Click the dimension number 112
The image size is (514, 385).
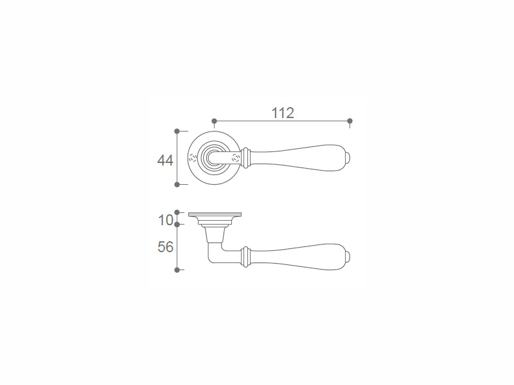click(x=283, y=113)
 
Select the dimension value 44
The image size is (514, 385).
click(x=165, y=160)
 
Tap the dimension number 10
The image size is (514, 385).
click(x=165, y=220)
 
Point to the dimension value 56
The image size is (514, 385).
click(x=165, y=247)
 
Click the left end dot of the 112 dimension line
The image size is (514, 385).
click(x=215, y=121)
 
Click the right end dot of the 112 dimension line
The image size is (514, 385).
click(x=350, y=121)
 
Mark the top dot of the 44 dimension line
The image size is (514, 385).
click(x=177, y=132)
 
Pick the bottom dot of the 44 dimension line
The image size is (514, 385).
click(x=177, y=185)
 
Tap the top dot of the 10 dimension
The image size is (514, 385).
click(x=177, y=212)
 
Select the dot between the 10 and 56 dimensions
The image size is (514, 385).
click(x=177, y=225)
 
